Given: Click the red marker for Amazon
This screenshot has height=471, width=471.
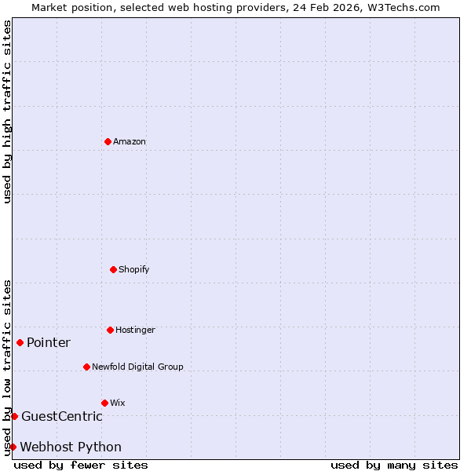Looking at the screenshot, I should [x=108, y=141].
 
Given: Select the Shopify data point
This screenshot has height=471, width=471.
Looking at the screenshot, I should [x=113, y=269].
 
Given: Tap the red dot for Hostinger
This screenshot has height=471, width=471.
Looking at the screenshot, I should [x=110, y=330].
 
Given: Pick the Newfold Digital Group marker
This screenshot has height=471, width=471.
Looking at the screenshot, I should [x=86, y=367].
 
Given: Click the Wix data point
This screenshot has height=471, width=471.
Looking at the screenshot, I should [x=104, y=403].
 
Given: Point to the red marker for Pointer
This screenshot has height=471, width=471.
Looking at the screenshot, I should [x=20, y=342].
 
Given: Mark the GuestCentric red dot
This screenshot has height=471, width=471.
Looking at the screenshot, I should [x=14, y=416].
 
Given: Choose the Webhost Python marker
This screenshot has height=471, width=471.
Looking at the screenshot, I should [x=13, y=447].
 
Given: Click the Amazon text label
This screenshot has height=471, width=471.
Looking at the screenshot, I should [x=130, y=142].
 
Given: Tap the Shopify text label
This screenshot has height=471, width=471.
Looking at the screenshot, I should [x=134, y=270].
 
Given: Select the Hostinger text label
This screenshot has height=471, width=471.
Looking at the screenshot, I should [x=135, y=330].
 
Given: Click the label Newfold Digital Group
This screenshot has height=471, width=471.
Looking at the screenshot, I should [x=137, y=367].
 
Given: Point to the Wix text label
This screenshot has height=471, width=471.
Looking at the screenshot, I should [x=118, y=403].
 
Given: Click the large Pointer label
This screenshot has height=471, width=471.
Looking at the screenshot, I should [x=49, y=343].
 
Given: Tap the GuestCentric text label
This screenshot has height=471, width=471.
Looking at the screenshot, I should [x=62, y=417].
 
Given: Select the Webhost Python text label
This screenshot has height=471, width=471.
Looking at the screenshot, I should [x=71, y=447].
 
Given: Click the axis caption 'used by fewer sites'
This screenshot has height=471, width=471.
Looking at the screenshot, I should [x=81, y=466].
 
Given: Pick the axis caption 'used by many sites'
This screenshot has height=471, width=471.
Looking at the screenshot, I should [x=394, y=466].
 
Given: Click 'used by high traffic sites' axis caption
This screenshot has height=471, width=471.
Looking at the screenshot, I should [x=7, y=111].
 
